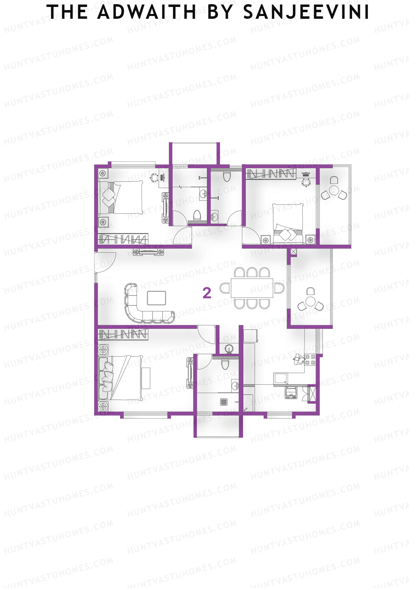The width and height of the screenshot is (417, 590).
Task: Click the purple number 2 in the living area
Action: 207,293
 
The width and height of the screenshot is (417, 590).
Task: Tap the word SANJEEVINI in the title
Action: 306,13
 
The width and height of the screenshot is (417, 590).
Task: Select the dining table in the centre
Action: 252,288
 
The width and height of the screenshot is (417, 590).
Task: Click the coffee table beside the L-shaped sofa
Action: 156,298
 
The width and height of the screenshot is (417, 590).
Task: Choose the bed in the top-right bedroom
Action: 288,221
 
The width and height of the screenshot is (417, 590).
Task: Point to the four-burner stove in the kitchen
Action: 310,360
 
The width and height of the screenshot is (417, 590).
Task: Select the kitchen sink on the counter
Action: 280,378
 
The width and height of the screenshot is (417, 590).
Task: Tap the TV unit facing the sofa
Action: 149,252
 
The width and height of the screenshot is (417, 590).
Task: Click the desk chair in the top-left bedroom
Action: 154,177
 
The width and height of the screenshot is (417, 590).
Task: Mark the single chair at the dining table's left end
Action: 224,288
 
